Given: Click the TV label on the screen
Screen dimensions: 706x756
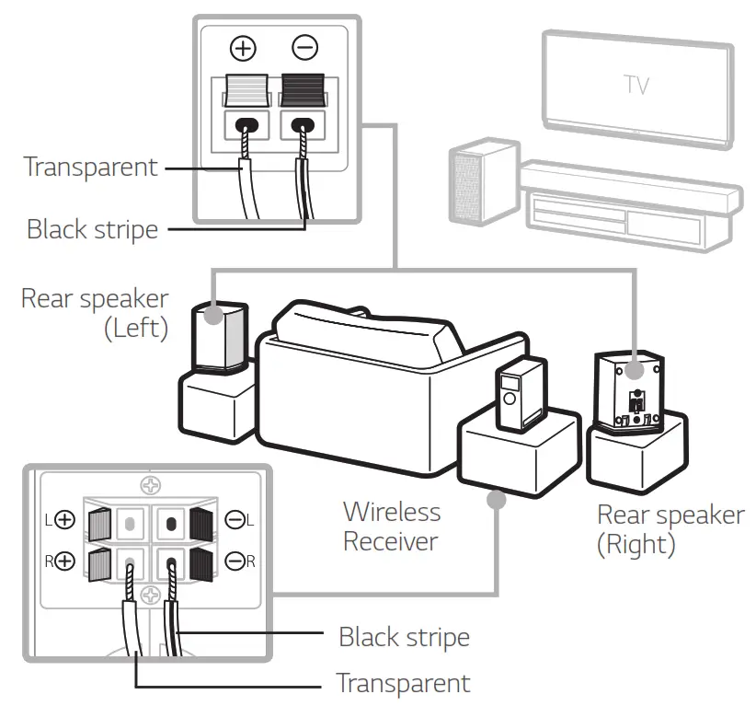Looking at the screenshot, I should point(636,85).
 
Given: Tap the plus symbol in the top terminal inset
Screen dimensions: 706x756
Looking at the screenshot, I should point(243,47).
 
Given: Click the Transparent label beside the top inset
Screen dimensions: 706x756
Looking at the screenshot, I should point(90,167).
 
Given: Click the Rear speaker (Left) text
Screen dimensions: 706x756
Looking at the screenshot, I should point(95,312).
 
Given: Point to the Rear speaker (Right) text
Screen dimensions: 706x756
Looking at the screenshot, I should point(670,528).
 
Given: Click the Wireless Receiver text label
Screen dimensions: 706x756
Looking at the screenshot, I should point(391,526).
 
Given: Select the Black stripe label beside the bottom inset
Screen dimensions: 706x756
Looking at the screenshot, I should point(404,636).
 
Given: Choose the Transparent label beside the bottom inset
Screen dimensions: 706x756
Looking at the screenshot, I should point(403,683).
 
